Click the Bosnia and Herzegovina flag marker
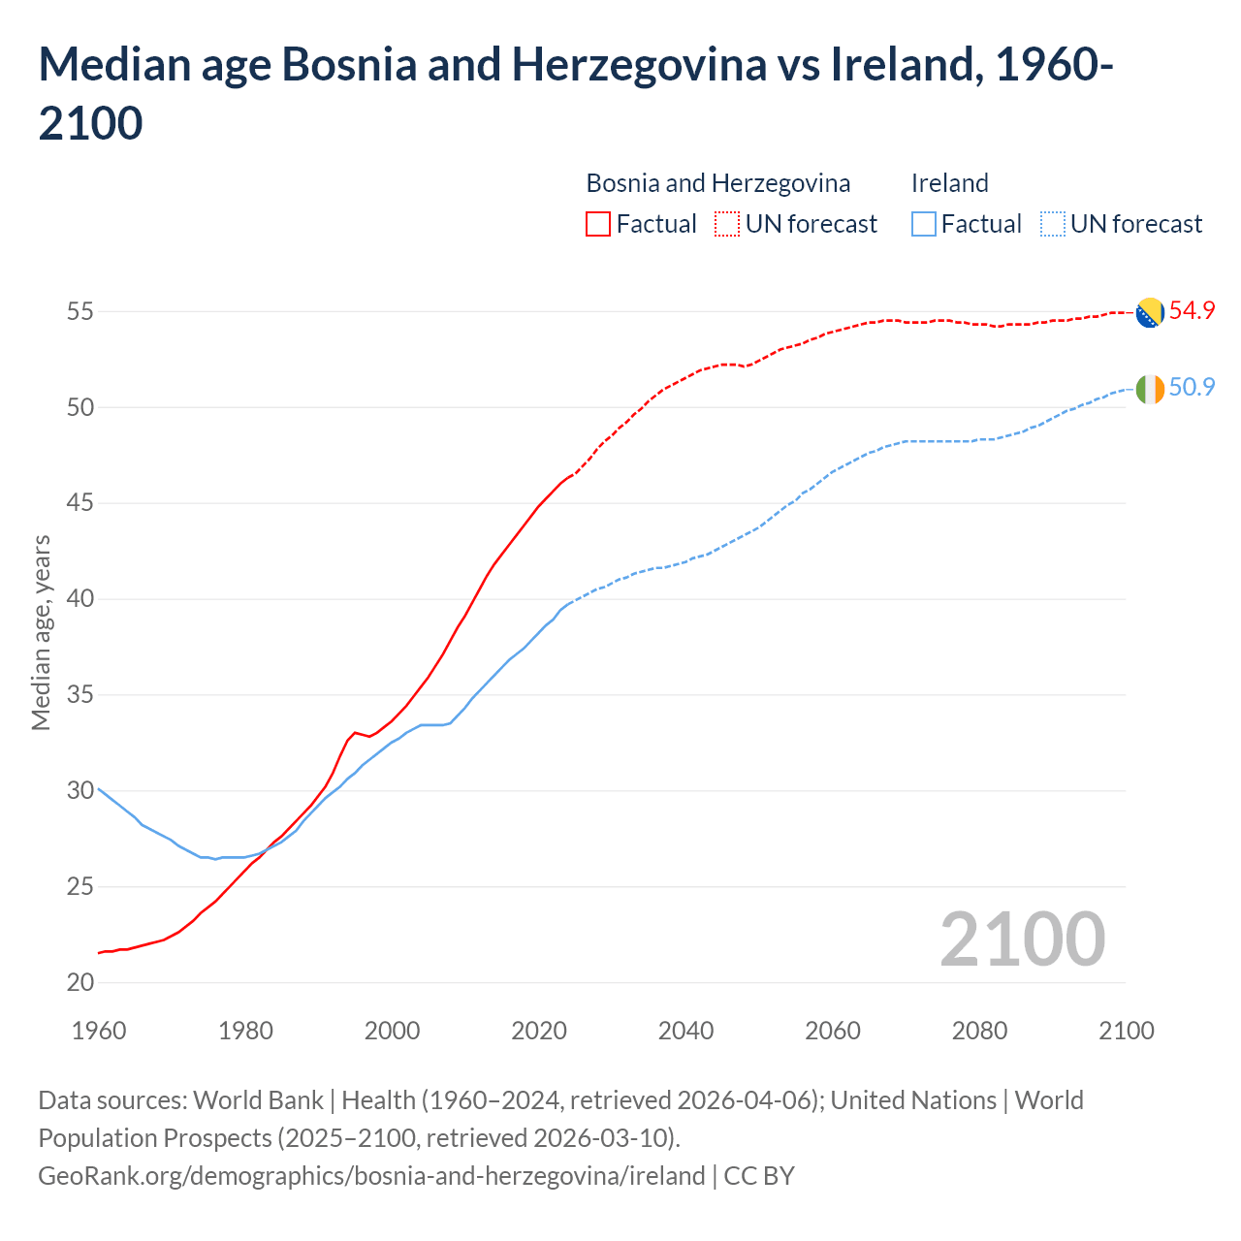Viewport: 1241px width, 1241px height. (x=1149, y=312)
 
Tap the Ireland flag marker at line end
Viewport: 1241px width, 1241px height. (x=1149, y=389)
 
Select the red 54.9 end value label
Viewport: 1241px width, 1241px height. (x=1192, y=311)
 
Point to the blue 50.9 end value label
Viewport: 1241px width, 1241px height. (x=1192, y=388)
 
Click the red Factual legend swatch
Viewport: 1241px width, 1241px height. (x=598, y=224)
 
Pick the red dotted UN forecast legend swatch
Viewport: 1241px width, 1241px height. (x=727, y=224)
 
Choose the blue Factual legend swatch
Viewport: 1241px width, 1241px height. (x=924, y=224)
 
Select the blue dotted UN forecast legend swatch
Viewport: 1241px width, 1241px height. (x=1052, y=224)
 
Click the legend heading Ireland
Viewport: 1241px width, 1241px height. (x=949, y=183)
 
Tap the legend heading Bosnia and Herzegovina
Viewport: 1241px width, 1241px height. (x=717, y=183)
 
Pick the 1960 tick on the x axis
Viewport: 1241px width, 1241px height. (x=99, y=1031)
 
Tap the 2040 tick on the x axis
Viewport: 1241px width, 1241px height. (x=686, y=1031)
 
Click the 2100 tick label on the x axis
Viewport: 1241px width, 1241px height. (x=1126, y=1031)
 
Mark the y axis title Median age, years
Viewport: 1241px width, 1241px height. (x=41, y=632)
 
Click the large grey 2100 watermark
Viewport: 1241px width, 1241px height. (x=1022, y=939)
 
